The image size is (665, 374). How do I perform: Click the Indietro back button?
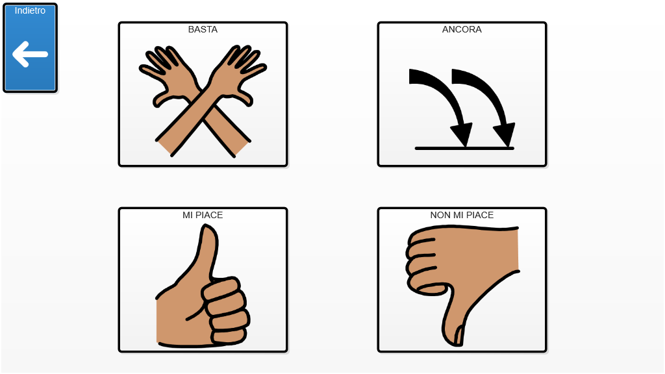pyautogui.click(x=30, y=48)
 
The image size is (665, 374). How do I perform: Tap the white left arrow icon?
pyautogui.click(x=30, y=55)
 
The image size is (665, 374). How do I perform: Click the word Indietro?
pyautogui.click(x=30, y=10)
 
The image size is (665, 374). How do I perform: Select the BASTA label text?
pyautogui.click(x=203, y=29)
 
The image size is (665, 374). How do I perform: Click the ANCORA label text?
pyautogui.click(x=462, y=29)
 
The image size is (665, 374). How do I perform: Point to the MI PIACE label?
pyautogui.click(x=203, y=215)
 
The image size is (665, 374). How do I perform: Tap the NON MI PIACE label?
pyautogui.click(x=462, y=215)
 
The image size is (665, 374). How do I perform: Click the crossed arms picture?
pyautogui.click(x=203, y=101)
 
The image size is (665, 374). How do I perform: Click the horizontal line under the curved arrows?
pyautogui.click(x=464, y=149)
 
